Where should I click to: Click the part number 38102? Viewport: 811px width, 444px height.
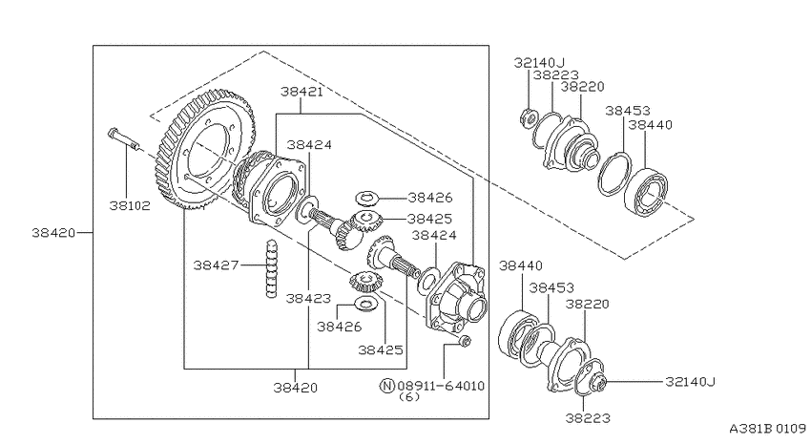[x=130, y=205]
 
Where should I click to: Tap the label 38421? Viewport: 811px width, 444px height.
[x=302, y=92]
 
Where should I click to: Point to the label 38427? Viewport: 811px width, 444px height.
[x=217, y=264]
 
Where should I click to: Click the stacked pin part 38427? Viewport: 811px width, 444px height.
[x=271, y=268]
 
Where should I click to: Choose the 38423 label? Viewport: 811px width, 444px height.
[x=308, y=298]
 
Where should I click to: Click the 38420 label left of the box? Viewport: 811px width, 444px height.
[x=53, y=232]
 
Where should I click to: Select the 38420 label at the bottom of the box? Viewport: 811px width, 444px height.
[x=296, y=387]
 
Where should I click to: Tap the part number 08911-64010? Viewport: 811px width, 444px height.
[x=441, y=386]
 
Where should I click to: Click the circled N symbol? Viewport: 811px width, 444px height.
[x=387, y=386]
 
